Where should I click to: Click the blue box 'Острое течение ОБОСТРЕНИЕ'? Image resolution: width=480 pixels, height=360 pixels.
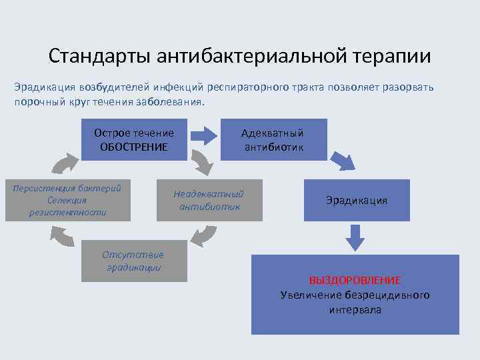click(x=133, y=140)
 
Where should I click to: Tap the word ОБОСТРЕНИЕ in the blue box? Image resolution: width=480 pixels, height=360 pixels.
click(x=133, y=147)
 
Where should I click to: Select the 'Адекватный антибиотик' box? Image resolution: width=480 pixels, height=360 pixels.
click(x=273, y=140)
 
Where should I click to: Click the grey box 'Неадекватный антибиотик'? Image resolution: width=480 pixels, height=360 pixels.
click(x=209, y=200)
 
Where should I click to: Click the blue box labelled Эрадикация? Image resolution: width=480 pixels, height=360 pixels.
click(x=357, y=200)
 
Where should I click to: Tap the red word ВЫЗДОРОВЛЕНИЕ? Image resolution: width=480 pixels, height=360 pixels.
click(x=355, y=280)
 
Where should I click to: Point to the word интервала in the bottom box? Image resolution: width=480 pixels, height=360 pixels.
click(x=355, y=310)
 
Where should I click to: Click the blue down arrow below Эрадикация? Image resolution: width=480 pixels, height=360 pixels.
click(x=355, y=236)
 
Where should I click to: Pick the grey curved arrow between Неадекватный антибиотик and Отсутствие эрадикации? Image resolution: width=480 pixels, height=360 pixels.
click(x=203, y=235)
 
